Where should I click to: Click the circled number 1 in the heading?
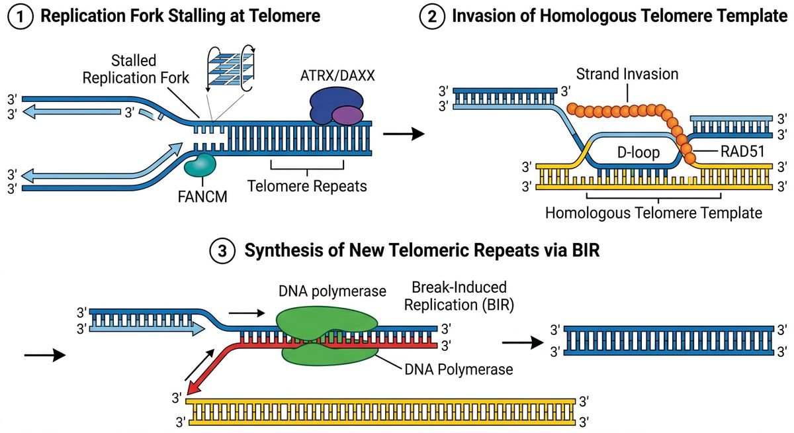(x=20, y=16)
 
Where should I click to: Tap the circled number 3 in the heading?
(x=221, y=252)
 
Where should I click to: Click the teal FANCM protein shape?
(x=199, y=165)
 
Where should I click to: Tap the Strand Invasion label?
(x=627, y=73)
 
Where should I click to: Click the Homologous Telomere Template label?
(x=653, y=213)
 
